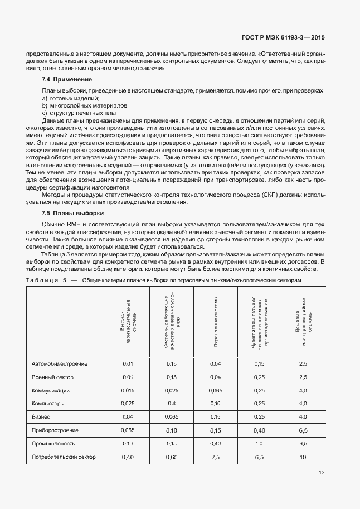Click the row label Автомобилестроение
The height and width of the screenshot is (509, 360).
(60, 364)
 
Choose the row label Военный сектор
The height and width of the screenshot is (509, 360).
(53, 377)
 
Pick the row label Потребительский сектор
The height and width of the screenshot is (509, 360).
(64, 457)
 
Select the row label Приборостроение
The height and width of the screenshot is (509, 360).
(55, 430)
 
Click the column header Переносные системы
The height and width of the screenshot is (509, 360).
(216, 323)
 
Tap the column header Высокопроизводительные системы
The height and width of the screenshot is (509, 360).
(128, 323)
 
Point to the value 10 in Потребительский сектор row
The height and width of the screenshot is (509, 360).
(303, 457)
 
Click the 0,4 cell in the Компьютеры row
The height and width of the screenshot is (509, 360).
(172, 404)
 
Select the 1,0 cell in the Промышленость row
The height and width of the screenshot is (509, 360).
(259, 444)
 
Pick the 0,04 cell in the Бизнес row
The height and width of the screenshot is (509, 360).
(128, 417)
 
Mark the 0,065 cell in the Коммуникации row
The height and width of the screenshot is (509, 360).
(216, 391)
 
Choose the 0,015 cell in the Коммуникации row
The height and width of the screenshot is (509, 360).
(128, 391)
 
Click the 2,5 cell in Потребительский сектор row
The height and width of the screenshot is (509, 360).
(216, 457)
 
